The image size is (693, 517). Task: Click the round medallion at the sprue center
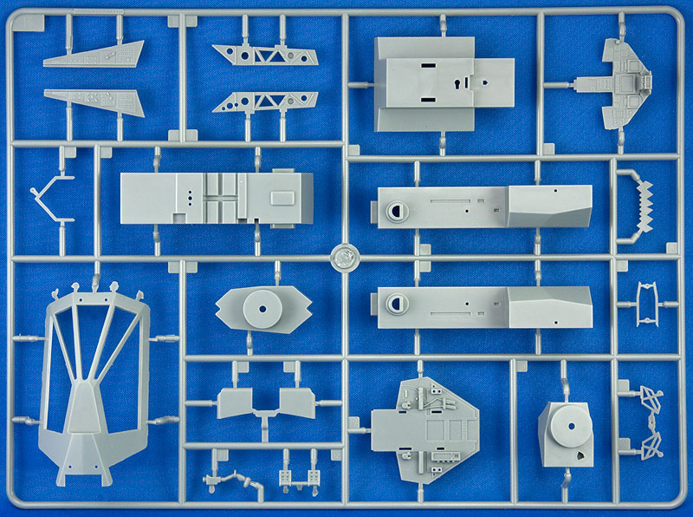tap(345, 258)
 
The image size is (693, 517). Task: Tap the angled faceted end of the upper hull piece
tap(550, 206)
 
